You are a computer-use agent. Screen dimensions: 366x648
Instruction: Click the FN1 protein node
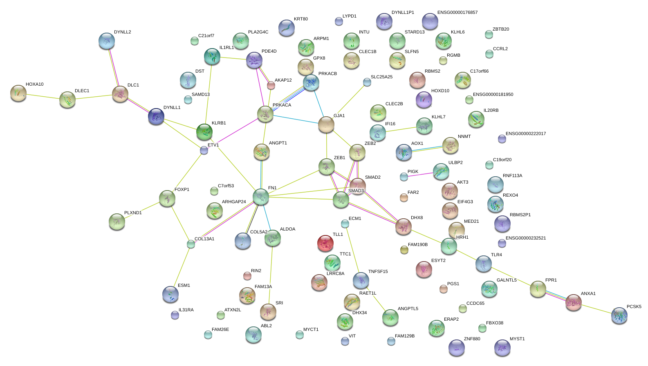point(260,197)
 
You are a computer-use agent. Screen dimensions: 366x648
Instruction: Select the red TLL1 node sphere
point(325,243)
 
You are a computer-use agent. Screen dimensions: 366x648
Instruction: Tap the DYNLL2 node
point(107,41)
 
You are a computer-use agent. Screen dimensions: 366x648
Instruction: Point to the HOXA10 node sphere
point(18,93)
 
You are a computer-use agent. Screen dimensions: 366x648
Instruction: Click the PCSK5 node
point(619,315)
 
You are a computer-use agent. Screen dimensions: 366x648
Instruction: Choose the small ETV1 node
point(204,150)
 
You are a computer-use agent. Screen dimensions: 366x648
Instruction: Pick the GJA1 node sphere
point(326,124)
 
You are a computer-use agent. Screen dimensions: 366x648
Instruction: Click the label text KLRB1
point(219,123)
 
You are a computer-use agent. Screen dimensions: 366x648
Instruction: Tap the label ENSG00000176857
point(457,12)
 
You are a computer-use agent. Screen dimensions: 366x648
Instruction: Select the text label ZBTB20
point(500,29)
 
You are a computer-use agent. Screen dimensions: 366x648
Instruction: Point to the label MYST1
point(517,339)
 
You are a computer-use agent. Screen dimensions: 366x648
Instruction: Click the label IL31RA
point(186,310)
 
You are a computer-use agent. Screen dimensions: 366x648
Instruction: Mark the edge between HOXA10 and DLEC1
point(43,96)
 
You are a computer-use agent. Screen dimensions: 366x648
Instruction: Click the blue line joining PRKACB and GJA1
point(318,104)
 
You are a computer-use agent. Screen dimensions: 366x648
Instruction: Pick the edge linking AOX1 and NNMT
point(427,149)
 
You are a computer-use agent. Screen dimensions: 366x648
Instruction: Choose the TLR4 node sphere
point(483,264)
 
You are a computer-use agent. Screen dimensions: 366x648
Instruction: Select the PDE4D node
point(254,60)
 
